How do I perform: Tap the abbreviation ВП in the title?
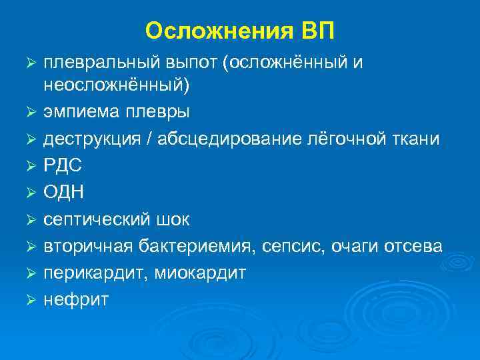pyautogui.click(x=319, y=31)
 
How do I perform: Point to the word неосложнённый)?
pyautogui.click(x=117, y=85)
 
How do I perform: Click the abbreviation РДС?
pyautogui.click(x=61, y=165)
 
